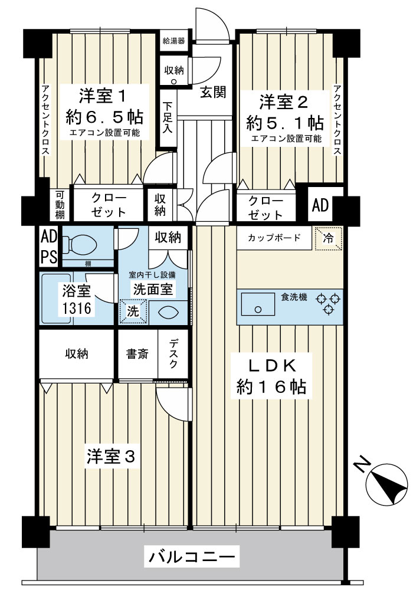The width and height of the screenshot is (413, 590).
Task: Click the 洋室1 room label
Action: click(101, 96)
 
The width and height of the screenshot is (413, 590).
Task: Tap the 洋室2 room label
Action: click(284, 102)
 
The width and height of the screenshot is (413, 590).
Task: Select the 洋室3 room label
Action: click(110, 457)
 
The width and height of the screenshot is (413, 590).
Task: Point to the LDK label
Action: click(271, 365)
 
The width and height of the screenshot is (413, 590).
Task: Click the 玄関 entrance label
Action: click(213, 92)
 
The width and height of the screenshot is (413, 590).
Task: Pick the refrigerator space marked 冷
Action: click(329, 238)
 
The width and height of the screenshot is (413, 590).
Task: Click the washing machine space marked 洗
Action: click(133, 312)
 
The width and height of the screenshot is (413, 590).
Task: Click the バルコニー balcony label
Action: click(192, 556)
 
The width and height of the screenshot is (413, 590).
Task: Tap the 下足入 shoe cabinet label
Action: click(168, 117)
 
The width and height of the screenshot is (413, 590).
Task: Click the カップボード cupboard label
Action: click(274, 237)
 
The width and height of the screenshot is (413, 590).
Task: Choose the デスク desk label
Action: click(173, 353)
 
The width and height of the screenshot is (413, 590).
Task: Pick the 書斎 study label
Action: click(137, 353)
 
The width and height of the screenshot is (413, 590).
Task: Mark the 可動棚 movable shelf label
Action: click(60, 205)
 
